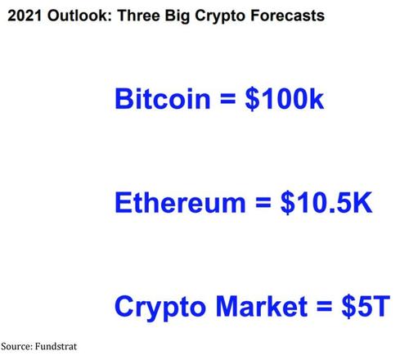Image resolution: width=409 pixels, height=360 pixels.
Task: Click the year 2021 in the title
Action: [x=25, y=16]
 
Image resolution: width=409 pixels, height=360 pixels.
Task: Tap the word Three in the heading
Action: [x=138, y=16]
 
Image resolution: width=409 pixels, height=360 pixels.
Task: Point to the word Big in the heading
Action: [x=178, y=16]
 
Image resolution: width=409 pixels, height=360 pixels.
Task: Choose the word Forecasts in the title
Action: [x=287, y=16]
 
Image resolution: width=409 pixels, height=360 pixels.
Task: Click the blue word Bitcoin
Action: [x=163, y=98]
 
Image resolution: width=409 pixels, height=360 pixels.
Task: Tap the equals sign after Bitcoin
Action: [x=227, y=99]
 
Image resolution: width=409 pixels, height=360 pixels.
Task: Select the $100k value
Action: [x=285, y=99]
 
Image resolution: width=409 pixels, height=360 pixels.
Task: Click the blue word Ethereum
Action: [x=180, y=202]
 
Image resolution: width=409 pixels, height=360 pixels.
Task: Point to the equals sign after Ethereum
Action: [x=263, y=203]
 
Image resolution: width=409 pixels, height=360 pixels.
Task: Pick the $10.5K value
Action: [x=326, y=203]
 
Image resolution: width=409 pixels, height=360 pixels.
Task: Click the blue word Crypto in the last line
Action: [x=160, y=308]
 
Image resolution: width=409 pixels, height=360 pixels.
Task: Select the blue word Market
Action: [x=262, y=307]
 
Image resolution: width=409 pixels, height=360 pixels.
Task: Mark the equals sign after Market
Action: [x=324, y=307]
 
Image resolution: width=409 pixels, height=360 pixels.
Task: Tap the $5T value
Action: [x=366, y=307]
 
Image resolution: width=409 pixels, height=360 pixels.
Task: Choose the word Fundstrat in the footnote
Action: [x=56, y=346]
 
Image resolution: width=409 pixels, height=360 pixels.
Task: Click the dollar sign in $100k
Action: [x=252, y=99]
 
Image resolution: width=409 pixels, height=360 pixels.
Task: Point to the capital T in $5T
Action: [x=380, y=307]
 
